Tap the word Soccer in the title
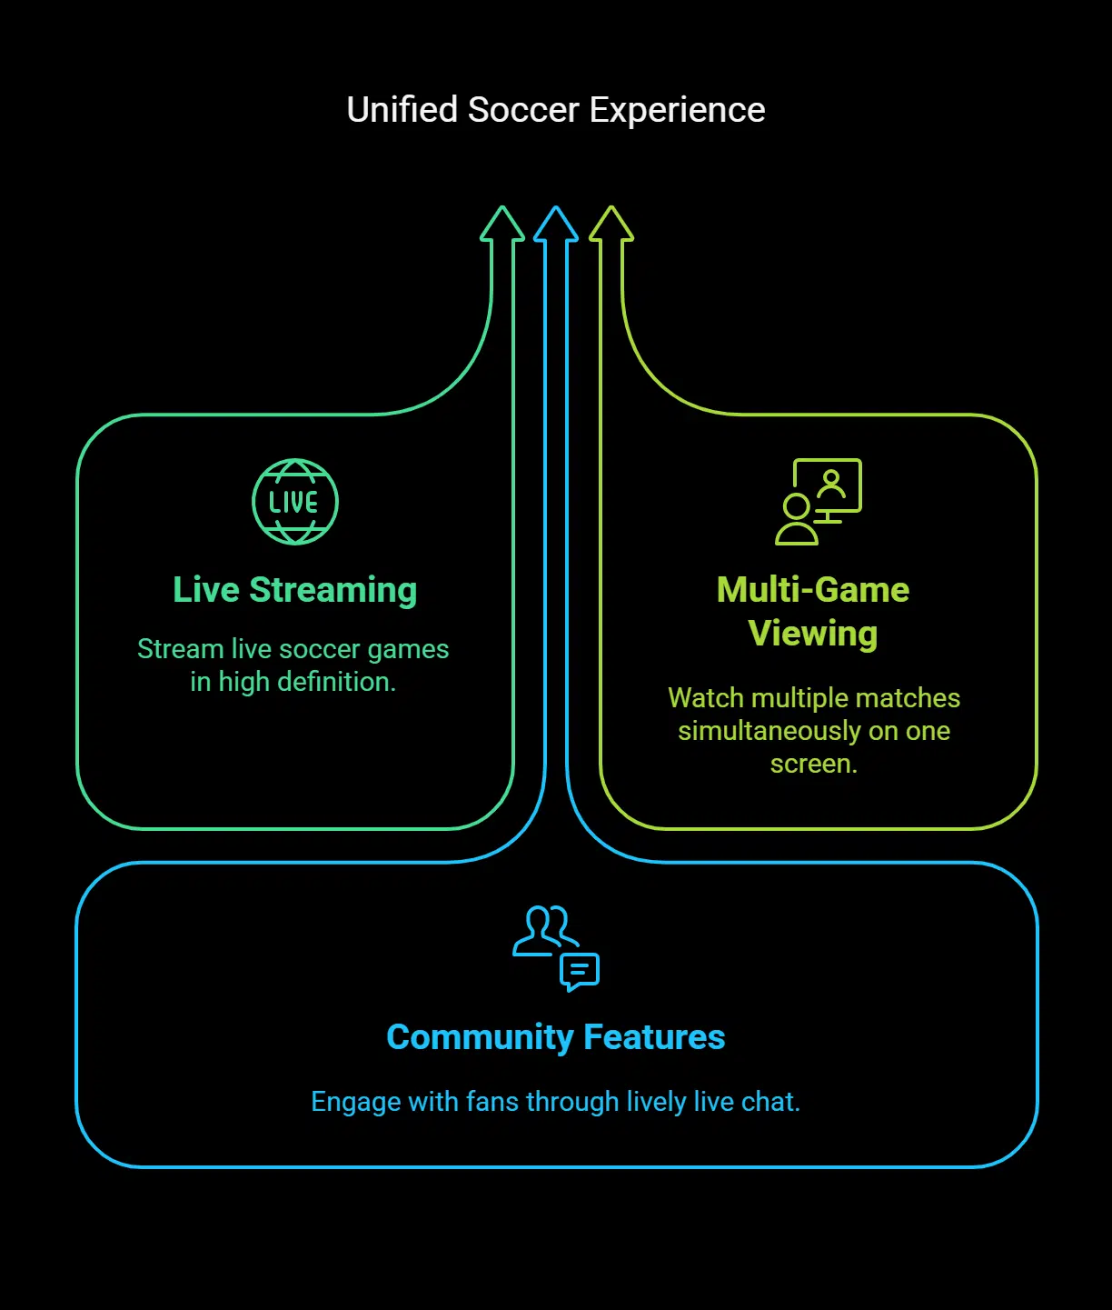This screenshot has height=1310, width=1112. (x=523, y=110)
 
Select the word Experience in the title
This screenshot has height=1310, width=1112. (x=677, y=110)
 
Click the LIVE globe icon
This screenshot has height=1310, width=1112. (x=295, y=502)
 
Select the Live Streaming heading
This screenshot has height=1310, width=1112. (x=295, y=590)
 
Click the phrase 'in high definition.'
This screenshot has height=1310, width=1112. (x=293, y=682)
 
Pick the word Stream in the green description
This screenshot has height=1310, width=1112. (x=180, y=649)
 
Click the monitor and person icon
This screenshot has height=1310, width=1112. (x=818, y=502)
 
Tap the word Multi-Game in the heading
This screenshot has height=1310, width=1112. (x=813, y=590)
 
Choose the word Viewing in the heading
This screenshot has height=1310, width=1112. (x=813, y=634)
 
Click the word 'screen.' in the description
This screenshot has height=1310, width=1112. (x=814, y=764)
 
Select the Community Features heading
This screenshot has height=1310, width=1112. (x=556, y=1037)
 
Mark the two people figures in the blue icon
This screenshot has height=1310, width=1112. (x=545, y=929)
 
